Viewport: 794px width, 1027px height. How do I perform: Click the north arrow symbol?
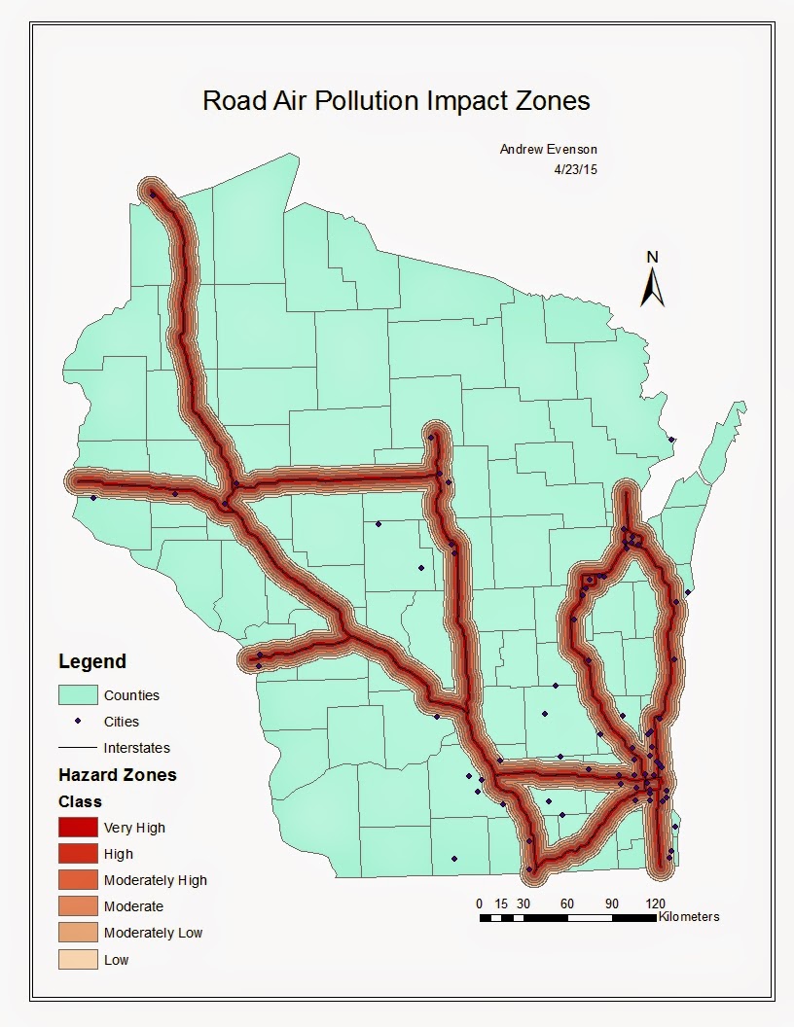[x=653, y=286]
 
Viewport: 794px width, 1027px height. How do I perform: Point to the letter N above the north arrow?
[x=653, y=257]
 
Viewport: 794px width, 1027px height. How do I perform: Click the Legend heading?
[x=92, y=661]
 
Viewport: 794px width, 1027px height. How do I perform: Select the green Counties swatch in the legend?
[x=78, y=695]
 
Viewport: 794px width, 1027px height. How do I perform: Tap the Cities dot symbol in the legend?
[x=78, y=722]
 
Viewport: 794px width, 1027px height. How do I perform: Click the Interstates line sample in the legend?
[x=78, y=748]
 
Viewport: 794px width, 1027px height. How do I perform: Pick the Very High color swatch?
[x=78, y=828]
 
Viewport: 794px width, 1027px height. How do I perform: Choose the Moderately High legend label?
[x=156, y=880]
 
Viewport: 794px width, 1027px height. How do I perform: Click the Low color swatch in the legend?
[x=78, y=959]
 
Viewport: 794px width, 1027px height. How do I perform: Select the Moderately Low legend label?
[x=153, y=933]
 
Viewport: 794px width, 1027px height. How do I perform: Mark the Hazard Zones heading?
[x=118, y=775]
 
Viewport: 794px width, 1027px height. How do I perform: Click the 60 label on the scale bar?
[x=567, y=903]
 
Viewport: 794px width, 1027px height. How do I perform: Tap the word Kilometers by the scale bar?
[x=689, y=916]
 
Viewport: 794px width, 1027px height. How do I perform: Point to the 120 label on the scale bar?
[x=656, y=903]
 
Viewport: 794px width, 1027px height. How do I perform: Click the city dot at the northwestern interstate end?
[x=153, y=194]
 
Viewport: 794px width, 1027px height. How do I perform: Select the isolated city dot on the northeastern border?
[x=671, y=440]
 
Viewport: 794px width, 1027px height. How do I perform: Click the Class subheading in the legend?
[x=80, y=802]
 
